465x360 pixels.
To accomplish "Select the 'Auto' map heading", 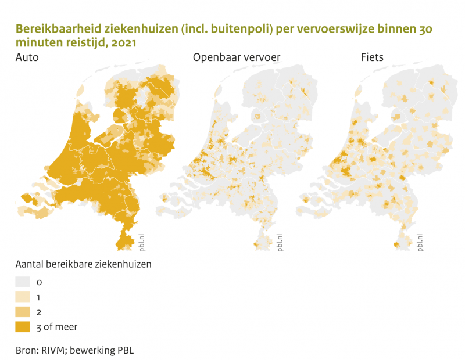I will (x=27, y=58).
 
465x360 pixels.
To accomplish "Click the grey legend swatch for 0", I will (x=23, y=282).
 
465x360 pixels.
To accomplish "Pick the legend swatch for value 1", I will (x=23, y=297).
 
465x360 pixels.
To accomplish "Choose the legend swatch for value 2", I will (x=23, y=312).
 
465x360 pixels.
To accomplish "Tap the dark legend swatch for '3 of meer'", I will (x=23, y=326).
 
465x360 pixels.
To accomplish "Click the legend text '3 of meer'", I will (x=56, y=327).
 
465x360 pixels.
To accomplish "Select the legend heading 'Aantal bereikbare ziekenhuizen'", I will (x=83, y=264).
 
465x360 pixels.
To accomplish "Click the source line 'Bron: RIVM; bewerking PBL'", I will (x=74, y=351).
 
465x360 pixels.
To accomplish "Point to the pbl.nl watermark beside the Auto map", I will (x=141, y=242).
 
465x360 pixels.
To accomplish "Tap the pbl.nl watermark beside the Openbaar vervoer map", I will (x=280, y=242).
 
